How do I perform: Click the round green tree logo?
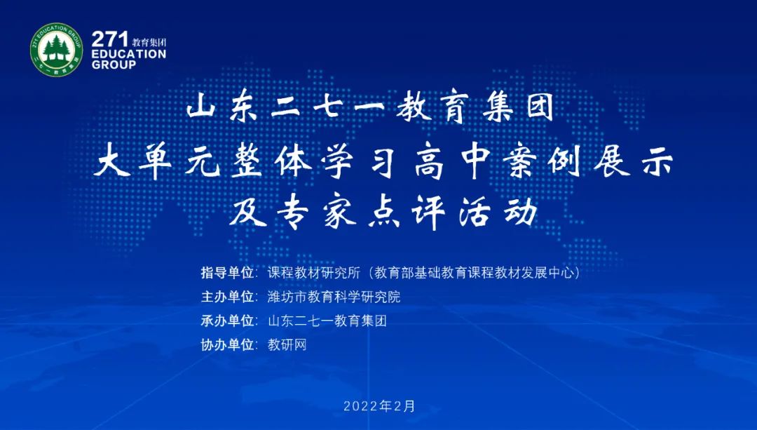pos(57,49)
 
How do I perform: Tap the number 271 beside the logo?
pos(110,39)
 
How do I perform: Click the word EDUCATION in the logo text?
pos(129,54)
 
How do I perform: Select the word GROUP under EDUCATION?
pos(114,65)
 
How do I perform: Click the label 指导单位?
pos(227,273)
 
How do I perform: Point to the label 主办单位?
pos(227,297)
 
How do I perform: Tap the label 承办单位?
pos(227,321)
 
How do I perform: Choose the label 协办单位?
pos(227,344)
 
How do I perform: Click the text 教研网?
pos(287,344)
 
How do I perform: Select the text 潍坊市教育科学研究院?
pos(334,297)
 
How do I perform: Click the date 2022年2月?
pos(379,406)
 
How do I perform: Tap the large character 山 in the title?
pos(200,107)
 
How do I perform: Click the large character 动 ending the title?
pos(521,213)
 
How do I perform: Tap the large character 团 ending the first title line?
pos(539,107)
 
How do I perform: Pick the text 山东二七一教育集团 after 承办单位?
pos(327,321)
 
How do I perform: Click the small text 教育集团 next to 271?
pos(149,42)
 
